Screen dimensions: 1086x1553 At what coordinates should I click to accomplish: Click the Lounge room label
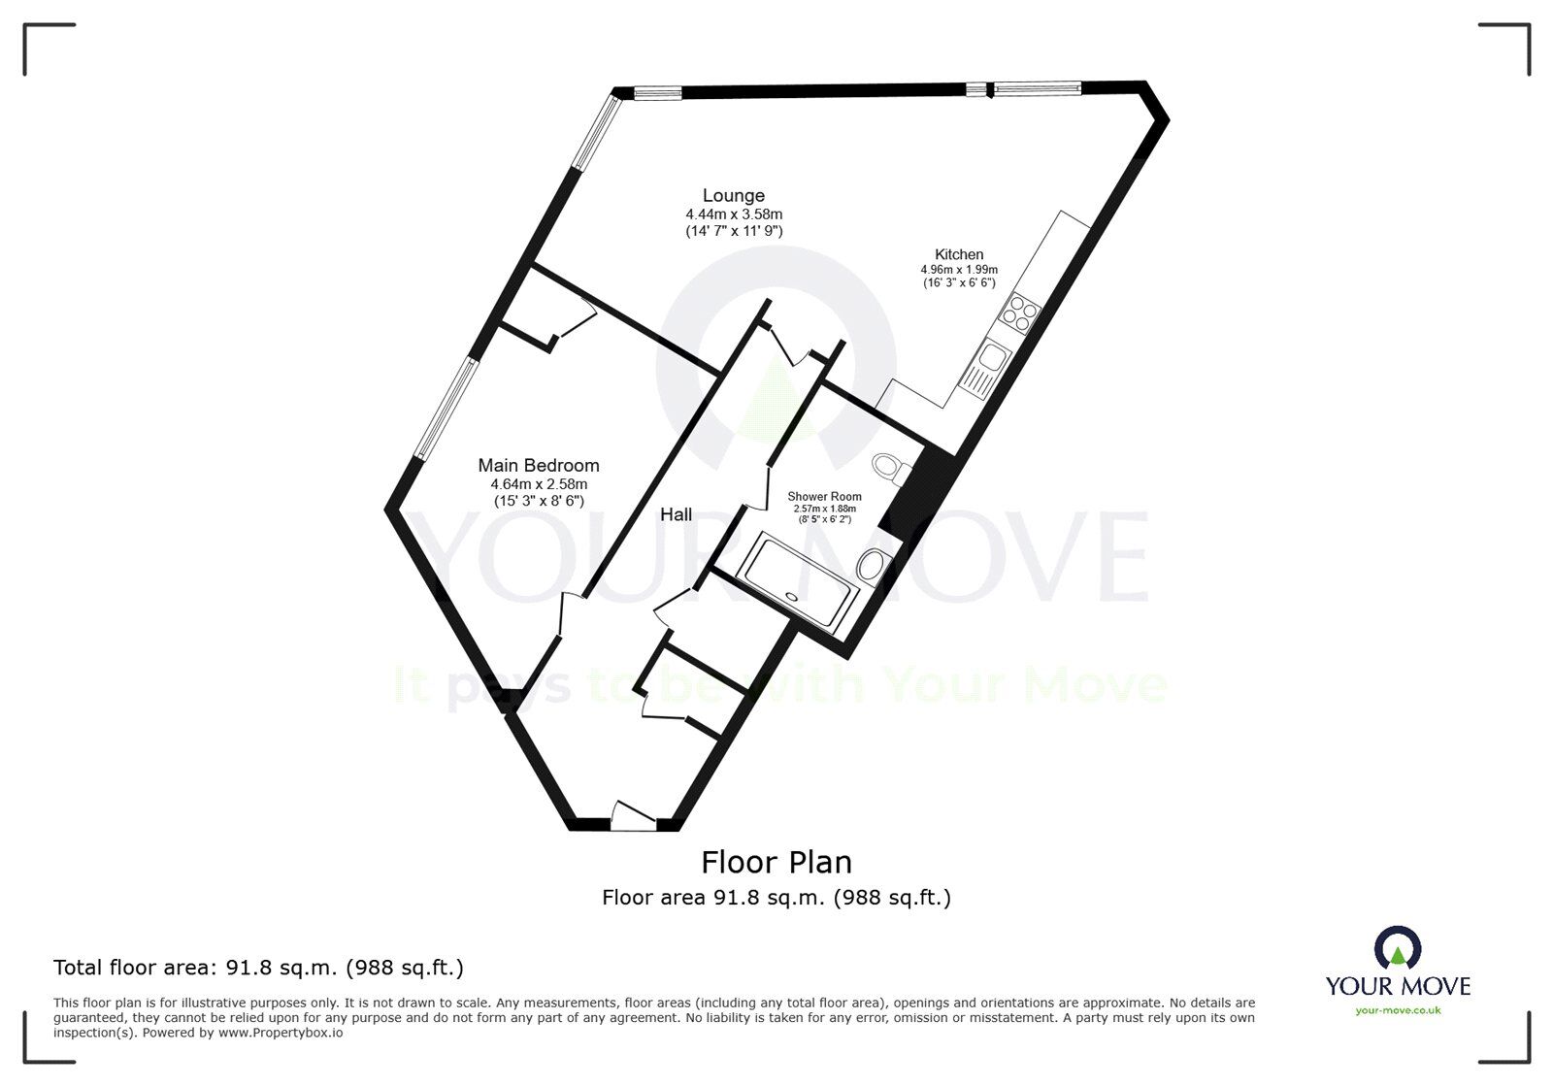[734, 196]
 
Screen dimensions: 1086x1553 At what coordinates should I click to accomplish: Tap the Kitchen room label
[959, 254]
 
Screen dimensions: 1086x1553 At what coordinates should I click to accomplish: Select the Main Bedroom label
[539, 466]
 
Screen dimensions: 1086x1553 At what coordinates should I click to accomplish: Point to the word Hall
[677, 514]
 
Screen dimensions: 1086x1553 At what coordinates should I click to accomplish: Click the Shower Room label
[824, 497]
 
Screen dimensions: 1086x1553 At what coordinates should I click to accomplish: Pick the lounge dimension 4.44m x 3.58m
[734, 214]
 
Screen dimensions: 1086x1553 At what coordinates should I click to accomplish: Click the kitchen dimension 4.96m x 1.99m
[959, 270]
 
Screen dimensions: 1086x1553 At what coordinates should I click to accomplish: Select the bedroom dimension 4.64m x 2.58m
[539, 483]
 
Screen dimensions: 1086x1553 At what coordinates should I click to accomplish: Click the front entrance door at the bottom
[634, 818]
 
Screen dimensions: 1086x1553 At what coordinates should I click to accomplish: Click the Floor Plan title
[776, 862]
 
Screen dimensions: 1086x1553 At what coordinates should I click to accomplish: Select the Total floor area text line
[258, 968]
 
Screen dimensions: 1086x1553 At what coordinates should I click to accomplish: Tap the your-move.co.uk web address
[1398, 1010]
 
